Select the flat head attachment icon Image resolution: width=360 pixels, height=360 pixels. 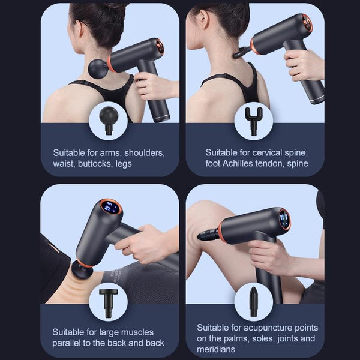click(x=109, y=301)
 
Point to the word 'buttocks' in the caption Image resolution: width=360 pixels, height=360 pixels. click(x=96, y=163)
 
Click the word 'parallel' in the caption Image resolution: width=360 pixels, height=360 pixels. click(x=69, y=343)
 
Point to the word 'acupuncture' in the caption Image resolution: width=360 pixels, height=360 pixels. click(x=260, y=328)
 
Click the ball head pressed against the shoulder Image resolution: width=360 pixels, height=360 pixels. click(x=97, y=68)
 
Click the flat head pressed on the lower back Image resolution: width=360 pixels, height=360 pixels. click(x=80, y=268)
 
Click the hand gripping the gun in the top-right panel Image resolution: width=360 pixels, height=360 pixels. click(x=303, y=64)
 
